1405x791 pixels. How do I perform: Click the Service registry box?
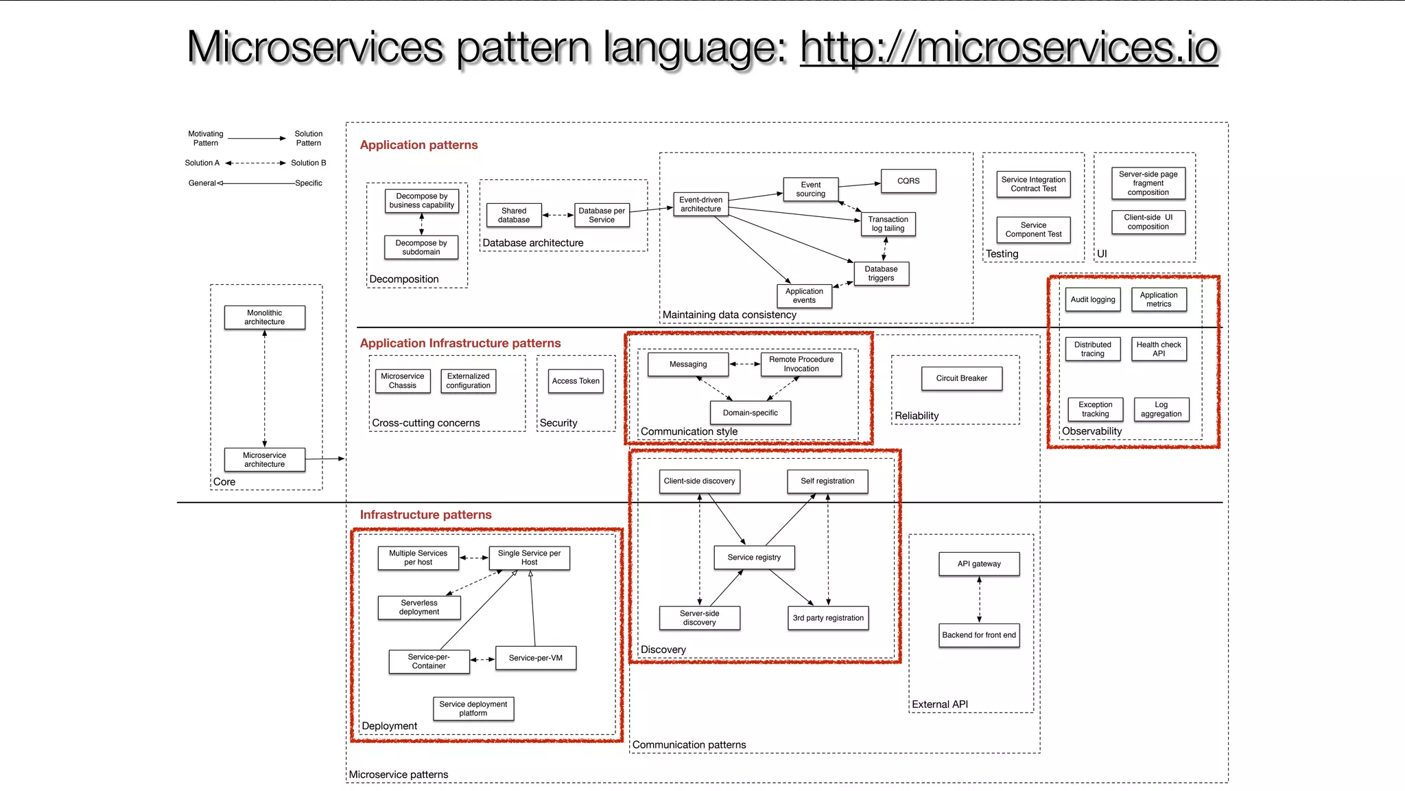(x=754, y=557)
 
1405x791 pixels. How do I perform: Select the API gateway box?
(x=979, y=564)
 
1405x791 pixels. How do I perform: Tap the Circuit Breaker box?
(x=961, y=378)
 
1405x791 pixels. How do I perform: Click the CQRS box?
(x=908, y=181)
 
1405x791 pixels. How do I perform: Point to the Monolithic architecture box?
(x=264, y=317)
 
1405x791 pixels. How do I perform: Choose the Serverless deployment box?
(x=419, y=607)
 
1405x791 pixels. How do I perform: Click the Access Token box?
(x=576, y=381)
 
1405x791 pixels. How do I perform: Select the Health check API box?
(x=1158, y=349)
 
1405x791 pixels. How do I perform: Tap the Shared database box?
(x=514, y=215)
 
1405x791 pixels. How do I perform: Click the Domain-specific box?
(x=750, y=413)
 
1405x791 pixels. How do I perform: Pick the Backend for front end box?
(x=979, y=635)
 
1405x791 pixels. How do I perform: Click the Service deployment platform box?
(x=473, y=709)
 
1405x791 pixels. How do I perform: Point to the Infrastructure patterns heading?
(x=425, y=514)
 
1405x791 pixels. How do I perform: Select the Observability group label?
(x=1091, y=431)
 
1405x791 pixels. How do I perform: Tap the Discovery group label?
(x=663, y=650)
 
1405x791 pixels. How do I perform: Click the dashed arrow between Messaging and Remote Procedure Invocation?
(x=744, y=364)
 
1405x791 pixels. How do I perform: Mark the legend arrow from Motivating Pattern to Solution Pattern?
(x=257, y=139)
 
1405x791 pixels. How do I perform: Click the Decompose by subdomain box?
(x=421, y=247)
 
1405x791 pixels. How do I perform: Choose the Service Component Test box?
(x=1033, y=229)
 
